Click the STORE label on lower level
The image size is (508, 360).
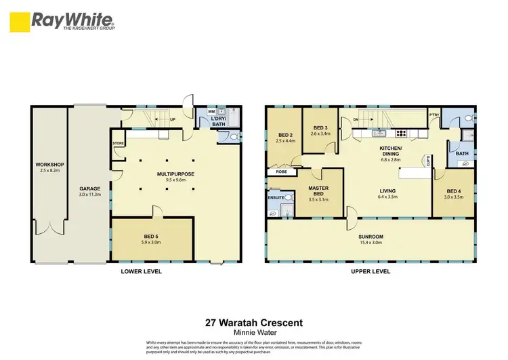tap(118, 144)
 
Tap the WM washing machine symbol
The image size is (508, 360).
tap(211, 111)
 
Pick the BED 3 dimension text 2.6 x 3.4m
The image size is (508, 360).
tap(320, 134)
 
